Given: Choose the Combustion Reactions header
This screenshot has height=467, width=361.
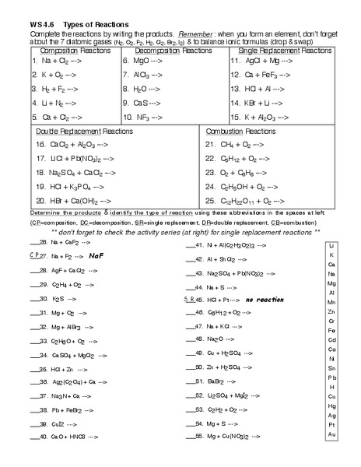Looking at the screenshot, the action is [253, 133].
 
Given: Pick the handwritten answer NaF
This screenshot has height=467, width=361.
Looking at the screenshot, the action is [96, 255].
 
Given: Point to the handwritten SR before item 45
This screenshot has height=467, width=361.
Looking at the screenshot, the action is [188, 298].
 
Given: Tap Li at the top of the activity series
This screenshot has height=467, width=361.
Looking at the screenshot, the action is [331, 245].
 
